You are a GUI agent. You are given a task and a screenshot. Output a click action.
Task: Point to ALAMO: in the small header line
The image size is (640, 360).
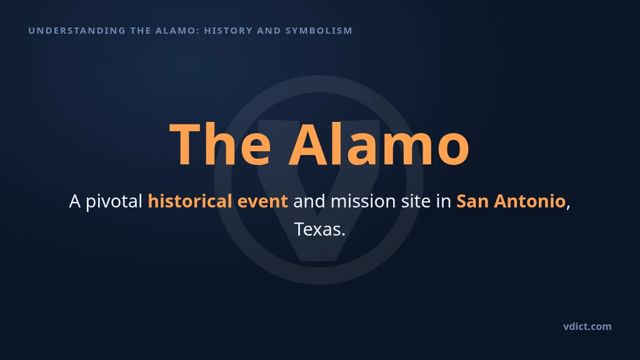point(177,31)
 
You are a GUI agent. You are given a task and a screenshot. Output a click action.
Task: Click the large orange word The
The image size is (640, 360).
point(220,144)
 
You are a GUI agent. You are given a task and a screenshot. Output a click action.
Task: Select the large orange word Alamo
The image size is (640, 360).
point(379,144)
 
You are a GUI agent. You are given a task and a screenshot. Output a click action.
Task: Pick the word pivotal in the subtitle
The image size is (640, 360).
point(114,202)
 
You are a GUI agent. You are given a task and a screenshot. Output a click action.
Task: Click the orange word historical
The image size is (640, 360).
point(190,201)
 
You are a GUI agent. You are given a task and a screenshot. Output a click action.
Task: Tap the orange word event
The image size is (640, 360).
point(262,202)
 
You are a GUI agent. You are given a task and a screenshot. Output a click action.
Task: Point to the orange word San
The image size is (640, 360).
point(472,202)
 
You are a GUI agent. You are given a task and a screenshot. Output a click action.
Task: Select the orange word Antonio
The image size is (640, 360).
point(529,202)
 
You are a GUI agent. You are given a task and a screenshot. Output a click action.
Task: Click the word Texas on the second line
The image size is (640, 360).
point(317,229)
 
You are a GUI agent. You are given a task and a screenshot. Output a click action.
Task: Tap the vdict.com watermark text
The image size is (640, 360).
point(587,326)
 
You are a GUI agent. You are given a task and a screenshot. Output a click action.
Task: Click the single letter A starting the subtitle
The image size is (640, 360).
point(75,202)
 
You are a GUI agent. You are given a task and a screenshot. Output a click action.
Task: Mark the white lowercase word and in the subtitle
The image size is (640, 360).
point(309,202)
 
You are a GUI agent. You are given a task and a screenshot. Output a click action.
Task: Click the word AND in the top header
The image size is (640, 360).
point(269,31)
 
